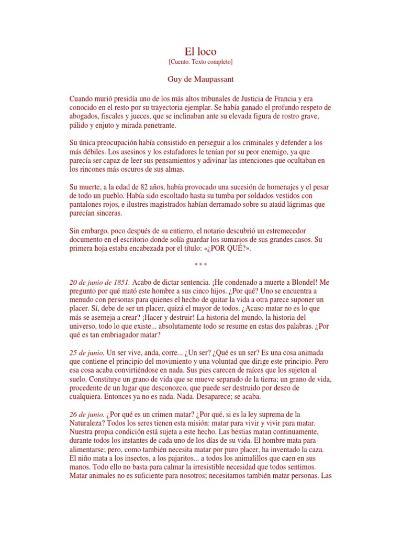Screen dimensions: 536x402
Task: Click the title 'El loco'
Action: coord(200,51)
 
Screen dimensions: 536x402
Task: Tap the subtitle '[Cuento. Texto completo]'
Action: coord(200,62)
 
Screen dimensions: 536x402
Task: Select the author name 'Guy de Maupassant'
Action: coord(200,80)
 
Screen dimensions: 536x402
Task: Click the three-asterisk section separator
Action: coord(200,265)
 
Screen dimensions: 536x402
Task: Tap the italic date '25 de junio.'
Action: coord(87,353)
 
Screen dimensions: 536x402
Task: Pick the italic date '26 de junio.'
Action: coord(87,415)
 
